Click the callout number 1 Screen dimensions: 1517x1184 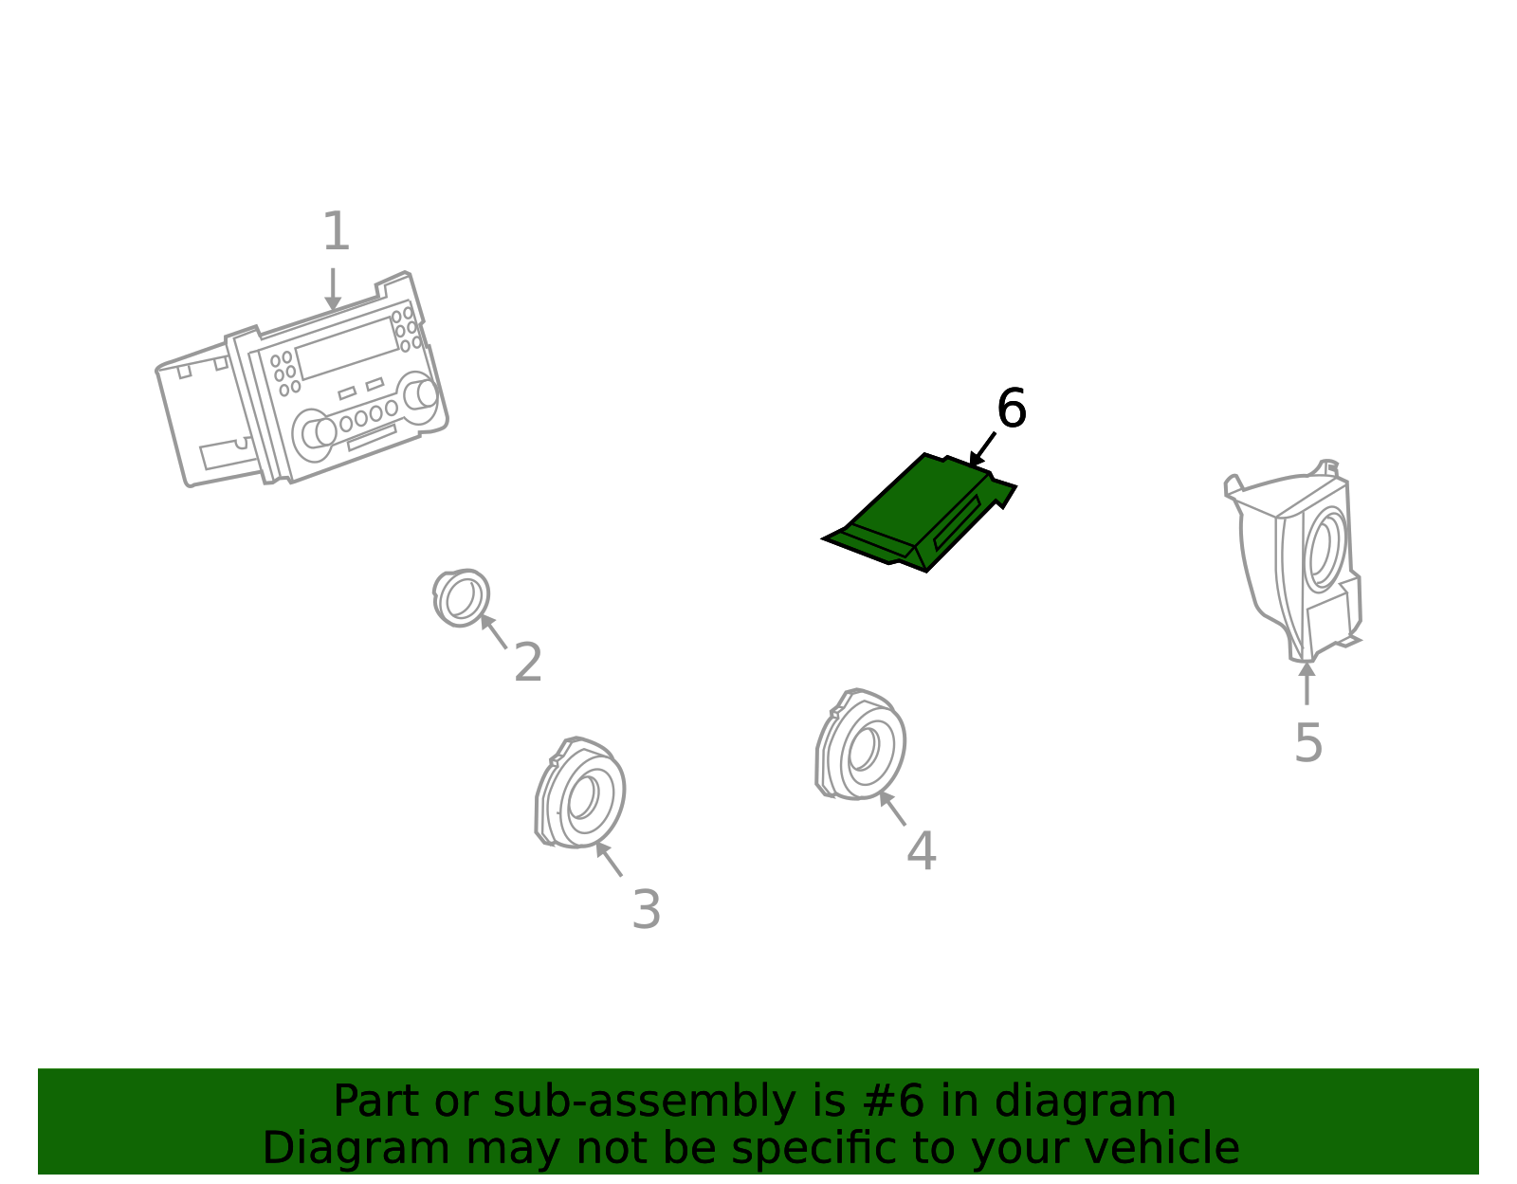tap(337, 231)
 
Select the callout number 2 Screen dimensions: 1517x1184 tap(528, 662)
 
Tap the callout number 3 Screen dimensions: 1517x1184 tap(646, 910)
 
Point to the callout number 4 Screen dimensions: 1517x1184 tap(921, 850)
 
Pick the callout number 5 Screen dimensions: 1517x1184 tap(1308, 743)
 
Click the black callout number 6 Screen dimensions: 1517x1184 tap(1012, 409)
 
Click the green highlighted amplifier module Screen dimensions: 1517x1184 tap(919, 513)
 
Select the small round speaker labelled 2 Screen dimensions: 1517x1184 tap(461, 597)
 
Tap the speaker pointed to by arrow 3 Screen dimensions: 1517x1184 tap(579, 792)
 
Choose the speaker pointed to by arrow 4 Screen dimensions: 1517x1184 tap(860, 744)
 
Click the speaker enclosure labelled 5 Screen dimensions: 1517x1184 tap(1293, 561)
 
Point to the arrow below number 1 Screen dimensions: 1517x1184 tap(333, 289)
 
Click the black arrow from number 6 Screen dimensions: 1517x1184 tap(982, 449)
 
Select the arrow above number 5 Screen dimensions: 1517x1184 tap(1307, 683)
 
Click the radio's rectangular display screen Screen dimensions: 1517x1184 tap(347, 348)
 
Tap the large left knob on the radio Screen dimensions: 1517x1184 tap(314, 435)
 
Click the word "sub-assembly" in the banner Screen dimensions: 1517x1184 tap(645, 1102)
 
